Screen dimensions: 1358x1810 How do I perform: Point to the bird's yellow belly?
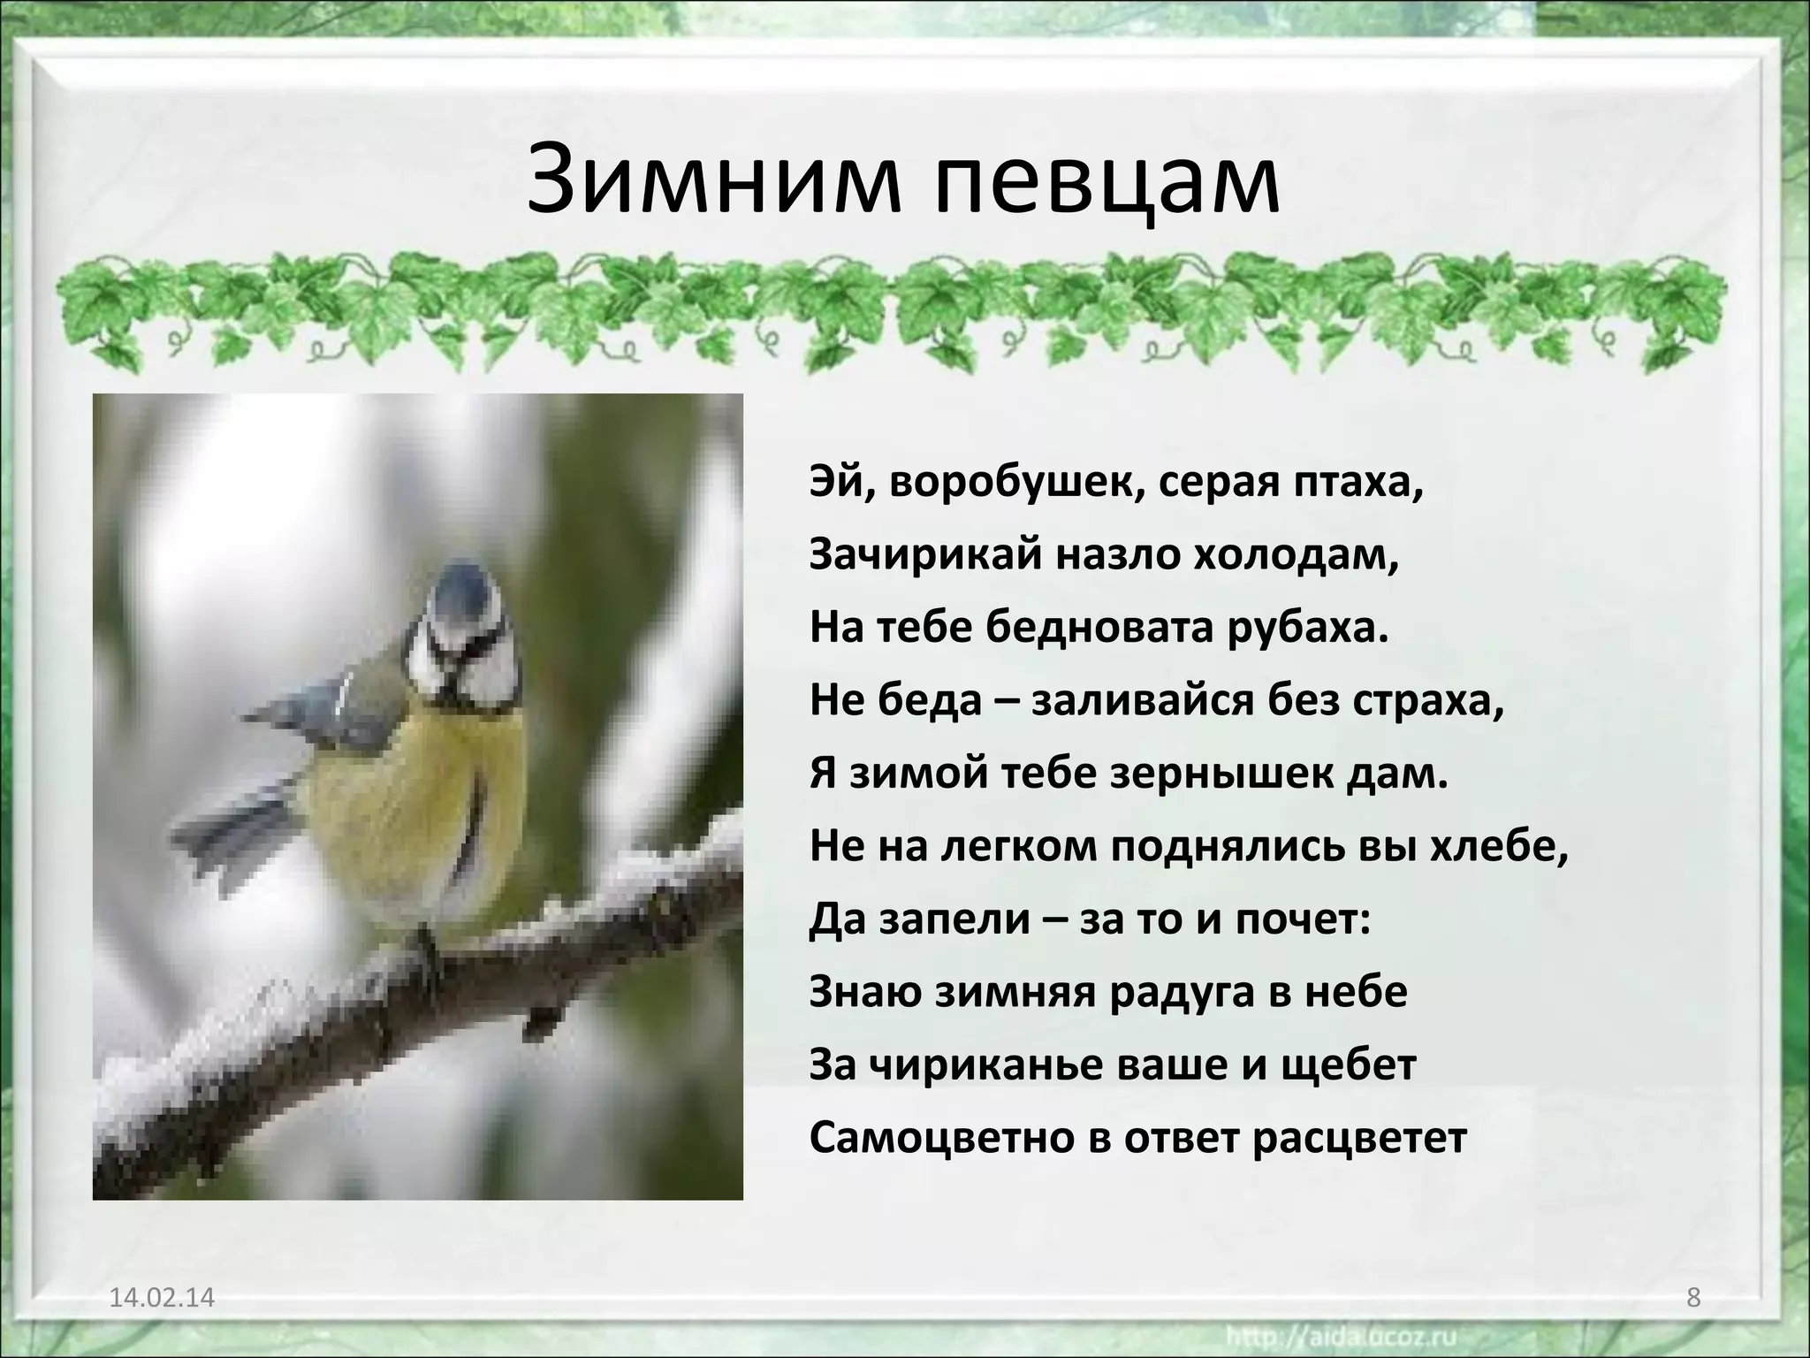tap(407, 796)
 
